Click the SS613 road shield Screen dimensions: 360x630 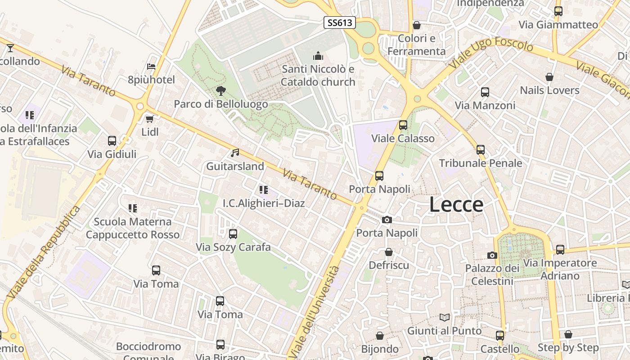tap(340, 22)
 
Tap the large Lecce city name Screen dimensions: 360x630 tap(456, 205)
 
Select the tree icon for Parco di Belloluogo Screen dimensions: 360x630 tap(220, 91)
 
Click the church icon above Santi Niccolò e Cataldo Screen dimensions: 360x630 tap(318, 56)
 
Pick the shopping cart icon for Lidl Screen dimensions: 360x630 tap(150, 119)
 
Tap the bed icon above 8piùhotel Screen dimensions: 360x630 tap(151, 67)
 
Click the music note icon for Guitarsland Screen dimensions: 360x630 tap(235, 153)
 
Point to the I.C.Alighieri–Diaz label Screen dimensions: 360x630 tap(264, 203)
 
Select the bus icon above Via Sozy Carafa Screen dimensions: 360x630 tap(233, 234)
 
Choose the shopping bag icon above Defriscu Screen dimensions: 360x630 tap(389, 252)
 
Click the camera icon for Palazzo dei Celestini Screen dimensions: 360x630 tap(492, 255)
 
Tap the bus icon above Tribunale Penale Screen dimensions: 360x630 tap(481, 150)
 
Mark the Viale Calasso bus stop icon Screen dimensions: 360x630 tap(403, 125)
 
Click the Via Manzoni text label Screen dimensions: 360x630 tap(485, 105)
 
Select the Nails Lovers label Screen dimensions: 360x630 tap(549, 90)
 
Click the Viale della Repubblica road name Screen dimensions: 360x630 tap(44, 253)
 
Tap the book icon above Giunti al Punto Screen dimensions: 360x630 tap(445, 317)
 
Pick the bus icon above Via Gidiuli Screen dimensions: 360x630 tap(112, 141)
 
